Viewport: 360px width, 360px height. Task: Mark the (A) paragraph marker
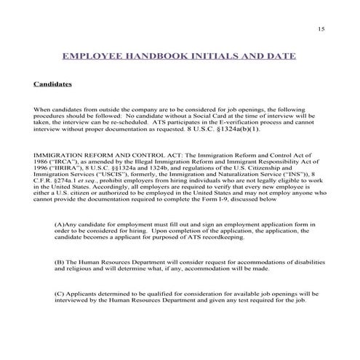[x=60, y=225]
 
